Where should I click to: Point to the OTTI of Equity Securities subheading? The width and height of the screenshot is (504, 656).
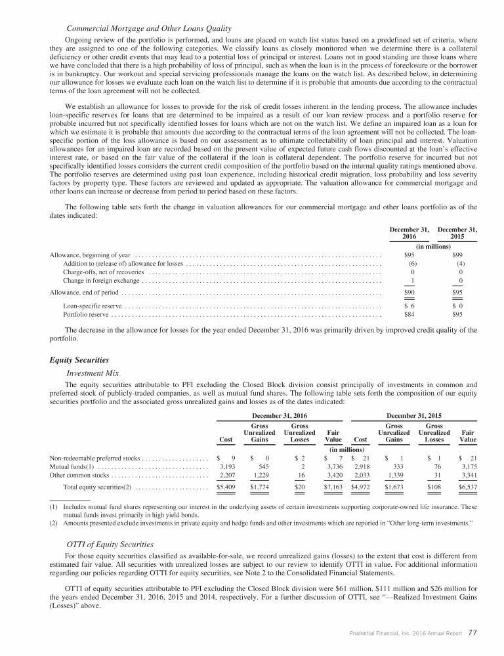pyautogui.click(x=110, y=545)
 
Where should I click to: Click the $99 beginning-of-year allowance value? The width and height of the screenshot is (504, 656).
pyautogui.click(x=458, y=255)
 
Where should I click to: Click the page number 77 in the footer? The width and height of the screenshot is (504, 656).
pyautogui.click(x=472, y=633)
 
